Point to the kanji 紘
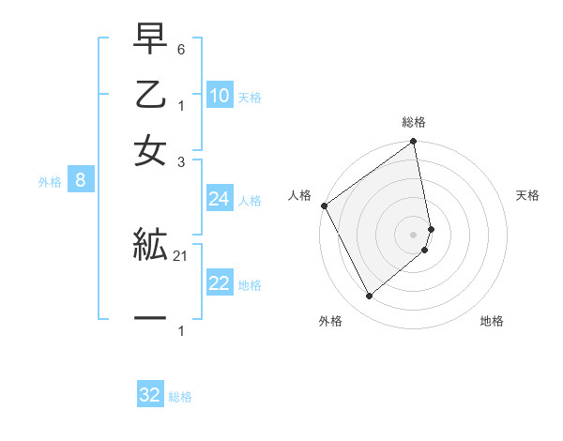(x=151, y=246)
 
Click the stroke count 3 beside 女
(x=181, y=160)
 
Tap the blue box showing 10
(x=220, y=96)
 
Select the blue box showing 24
(x=220, y=199)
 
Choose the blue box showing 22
(x=220, y=284)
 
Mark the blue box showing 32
(x=150, y=395)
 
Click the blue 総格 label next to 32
(x=181, y=397)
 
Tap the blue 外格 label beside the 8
(x=50, y=182)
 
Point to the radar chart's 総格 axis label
(x=414, y=122)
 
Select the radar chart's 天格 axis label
(x=528, y=195)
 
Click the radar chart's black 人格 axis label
(x=299, y=195)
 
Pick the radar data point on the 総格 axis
(x=414, y=143)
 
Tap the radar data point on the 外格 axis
(x=369, y=297)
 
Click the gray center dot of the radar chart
(x=414, y=234)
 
